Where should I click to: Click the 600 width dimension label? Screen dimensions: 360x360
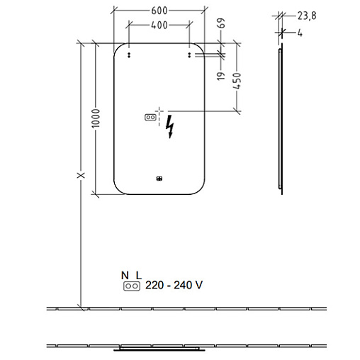coord(159,11)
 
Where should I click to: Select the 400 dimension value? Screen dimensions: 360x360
coord(159,25)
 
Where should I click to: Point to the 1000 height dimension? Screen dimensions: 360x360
coord(96,118)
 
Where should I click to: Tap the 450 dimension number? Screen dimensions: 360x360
coord(237,81)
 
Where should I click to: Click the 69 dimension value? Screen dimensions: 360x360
coord(222,23)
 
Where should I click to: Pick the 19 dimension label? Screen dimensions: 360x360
coord(221,76)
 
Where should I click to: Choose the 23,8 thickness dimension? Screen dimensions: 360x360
coord(307,16)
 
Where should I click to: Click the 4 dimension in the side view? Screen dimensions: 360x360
coord(300,33)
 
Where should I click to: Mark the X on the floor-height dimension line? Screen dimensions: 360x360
coord(81,175)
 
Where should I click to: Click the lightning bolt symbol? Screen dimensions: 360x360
coord(170,127)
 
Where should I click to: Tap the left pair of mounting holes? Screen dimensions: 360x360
coord(129,55)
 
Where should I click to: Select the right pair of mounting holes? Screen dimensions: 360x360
coord(189,55)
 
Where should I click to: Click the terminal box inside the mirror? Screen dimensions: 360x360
coord(150,117)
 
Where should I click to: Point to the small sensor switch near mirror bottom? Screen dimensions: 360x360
coord(159,179)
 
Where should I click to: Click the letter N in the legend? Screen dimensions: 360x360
coord(125,276)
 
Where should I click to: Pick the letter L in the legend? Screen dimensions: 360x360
coord(139,276)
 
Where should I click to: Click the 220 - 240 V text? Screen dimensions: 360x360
coord(174,285)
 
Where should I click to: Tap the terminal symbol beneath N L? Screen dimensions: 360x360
coord(132,286)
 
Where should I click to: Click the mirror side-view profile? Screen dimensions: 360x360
coord(281,119)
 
